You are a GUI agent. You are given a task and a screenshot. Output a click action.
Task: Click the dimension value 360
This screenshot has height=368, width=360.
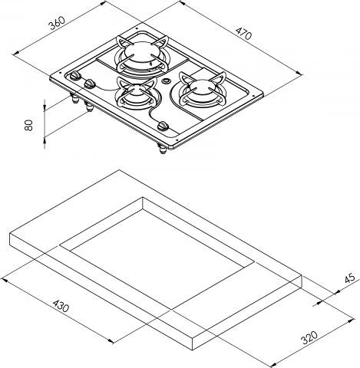coord(58,23)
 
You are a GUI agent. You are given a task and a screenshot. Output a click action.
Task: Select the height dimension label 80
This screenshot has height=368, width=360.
coord(29,125)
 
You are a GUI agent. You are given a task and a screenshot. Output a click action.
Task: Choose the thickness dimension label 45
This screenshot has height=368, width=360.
coord(349,278)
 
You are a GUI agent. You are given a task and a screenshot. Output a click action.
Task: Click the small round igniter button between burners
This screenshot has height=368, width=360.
coord(167,81)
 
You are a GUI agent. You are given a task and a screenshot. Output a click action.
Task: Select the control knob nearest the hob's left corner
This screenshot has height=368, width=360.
coord(75,76)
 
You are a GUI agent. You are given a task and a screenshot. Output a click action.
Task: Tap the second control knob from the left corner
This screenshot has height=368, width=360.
coord(90,84)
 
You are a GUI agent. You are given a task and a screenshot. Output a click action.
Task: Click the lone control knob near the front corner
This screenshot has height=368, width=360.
coord(163,126)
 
